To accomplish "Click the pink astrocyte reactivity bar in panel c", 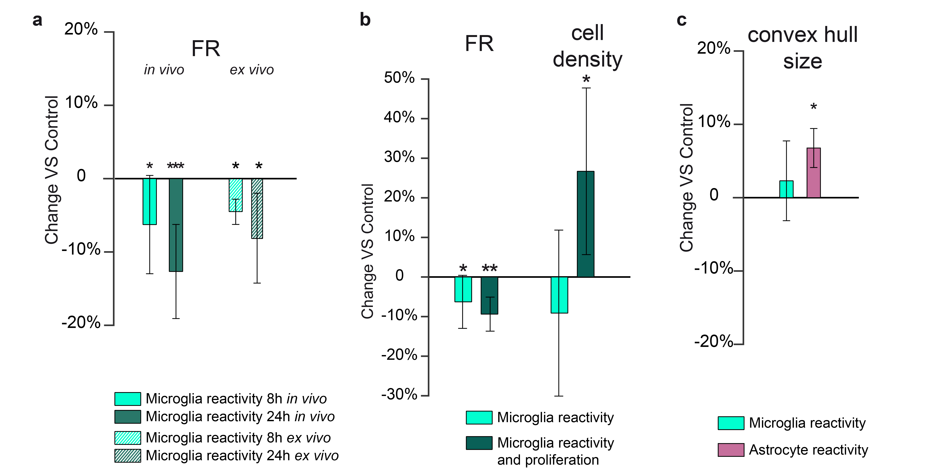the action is click(x=814, y=173).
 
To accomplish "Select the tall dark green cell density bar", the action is click(x=586, y=224).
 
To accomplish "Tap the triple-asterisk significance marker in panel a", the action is click(x=176, y=166).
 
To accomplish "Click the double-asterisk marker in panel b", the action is click(x=490, y=269).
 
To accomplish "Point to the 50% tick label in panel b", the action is click(x=399, y=78).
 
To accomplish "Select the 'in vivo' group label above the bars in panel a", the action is click(x=164, y=70).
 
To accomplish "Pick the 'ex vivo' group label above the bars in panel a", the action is click(x=252, y=70).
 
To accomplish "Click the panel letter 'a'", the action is click(x=37, y=20).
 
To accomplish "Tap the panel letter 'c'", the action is click(x=682, y=20).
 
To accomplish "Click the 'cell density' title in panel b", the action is click(x=587, y=46).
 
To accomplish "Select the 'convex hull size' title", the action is click(x=803, y=48).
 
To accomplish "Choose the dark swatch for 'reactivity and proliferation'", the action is click(x=479, y=443).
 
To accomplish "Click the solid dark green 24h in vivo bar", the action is click(x=176, y=225).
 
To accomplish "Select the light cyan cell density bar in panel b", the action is click(x=559, y=295).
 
